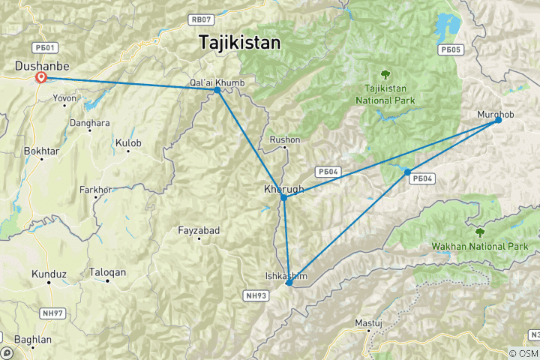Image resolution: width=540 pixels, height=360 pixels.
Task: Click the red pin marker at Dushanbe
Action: [41, 78]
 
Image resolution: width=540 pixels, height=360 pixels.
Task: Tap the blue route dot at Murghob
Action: [498, 120]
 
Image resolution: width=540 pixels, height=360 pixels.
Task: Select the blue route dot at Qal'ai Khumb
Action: [217, 90]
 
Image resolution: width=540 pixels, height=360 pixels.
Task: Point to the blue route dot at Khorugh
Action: [283, 197]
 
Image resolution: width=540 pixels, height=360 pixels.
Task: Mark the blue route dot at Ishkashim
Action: [289, 283]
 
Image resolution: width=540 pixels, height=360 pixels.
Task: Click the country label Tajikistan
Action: [240, 43]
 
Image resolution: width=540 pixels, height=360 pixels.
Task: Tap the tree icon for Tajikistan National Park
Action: [385, 74]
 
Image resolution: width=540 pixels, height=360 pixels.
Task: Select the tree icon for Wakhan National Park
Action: [480, 232]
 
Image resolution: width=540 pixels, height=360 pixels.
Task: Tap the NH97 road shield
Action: [52, 313]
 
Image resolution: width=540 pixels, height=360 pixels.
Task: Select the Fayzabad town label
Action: [199, 231]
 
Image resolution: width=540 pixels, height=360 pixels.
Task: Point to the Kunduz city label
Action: [49, 275]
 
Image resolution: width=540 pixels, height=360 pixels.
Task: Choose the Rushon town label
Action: [285, 140]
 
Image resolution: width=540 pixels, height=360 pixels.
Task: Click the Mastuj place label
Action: [368, 323]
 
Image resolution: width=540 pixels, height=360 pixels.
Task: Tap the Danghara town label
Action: [89, 122]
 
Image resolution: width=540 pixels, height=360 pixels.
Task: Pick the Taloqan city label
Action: [107, 273]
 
